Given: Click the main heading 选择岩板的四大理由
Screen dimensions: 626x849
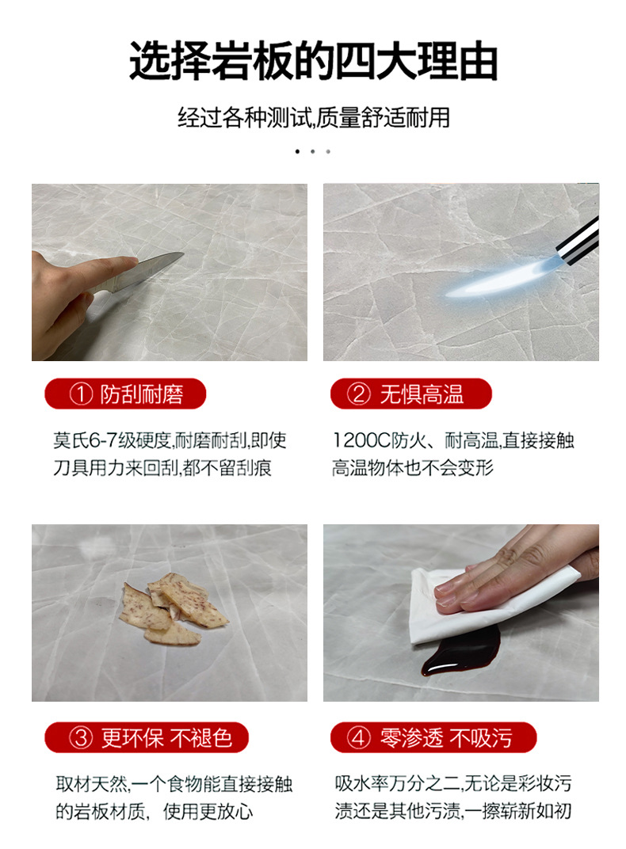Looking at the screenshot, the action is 313,61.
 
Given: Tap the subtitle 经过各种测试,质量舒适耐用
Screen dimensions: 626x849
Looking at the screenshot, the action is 314,117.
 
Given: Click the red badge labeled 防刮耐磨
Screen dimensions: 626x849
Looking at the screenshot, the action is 125,394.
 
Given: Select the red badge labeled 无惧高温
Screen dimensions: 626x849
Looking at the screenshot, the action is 411,394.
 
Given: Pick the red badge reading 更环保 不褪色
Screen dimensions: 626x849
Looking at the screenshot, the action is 147,737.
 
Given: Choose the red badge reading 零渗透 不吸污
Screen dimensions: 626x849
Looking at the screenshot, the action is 433,737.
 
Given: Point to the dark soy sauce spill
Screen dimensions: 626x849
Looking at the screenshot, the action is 460,652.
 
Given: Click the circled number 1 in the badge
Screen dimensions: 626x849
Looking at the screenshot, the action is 81,394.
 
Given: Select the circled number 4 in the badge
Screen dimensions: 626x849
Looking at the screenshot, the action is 358,737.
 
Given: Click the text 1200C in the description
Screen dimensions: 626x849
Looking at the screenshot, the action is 362,440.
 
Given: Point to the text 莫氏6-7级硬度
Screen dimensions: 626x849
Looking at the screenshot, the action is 112,440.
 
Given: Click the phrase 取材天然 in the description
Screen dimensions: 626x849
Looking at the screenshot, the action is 91,783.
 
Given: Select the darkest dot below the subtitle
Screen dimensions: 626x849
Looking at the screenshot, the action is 297,151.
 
